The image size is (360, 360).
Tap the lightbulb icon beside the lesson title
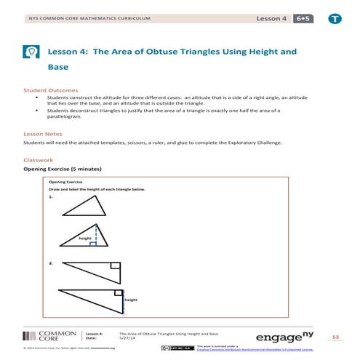pyautogui.click(x=31, y=52)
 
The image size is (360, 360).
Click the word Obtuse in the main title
pyautogui.click(x=142, y=52)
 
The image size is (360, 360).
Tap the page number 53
pyautogui.click(x=335, y=337)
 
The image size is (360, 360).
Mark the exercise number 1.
pyautogui.click(x=50, y=197)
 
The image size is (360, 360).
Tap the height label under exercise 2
pyautogui.click(x=131, y=300)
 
